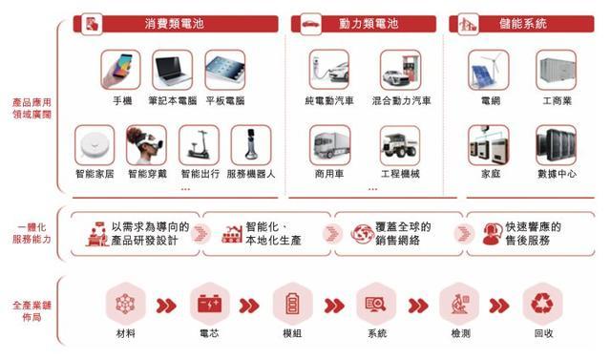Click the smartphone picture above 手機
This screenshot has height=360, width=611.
(x=120, y=70)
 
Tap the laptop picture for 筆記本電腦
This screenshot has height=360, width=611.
(x=172, y=70)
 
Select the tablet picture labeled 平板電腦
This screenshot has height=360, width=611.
(x=225, y=70)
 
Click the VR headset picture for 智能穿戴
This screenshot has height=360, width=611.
(x=146, y=145)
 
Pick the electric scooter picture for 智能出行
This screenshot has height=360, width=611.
(x=199, y=145)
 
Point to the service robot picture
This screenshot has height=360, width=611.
(x=251, y=145)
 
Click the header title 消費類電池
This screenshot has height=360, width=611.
(x=174, y=24)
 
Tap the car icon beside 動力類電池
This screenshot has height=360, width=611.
(x=310, y=24)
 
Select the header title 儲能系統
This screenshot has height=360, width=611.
(x=523, y=24)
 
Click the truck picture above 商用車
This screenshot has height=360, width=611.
(x=329, y=145)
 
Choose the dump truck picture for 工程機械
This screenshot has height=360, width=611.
(x=400, y=145)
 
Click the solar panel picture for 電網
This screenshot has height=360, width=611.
(x=488, y=70)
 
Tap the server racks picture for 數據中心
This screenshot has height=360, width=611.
(x=556, y=145)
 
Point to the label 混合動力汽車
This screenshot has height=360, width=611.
(x=401, y=101)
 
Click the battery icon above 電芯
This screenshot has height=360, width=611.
(x=210, y=304)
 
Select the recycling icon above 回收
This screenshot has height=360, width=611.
(x=542, y=304)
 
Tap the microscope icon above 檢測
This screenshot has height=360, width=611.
(x=459, y=304)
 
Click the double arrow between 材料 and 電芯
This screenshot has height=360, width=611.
(x=166, y=306)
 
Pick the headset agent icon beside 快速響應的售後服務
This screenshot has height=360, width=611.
(x=493, y=234)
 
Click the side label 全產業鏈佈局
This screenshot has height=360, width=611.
(x=32, y=311)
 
